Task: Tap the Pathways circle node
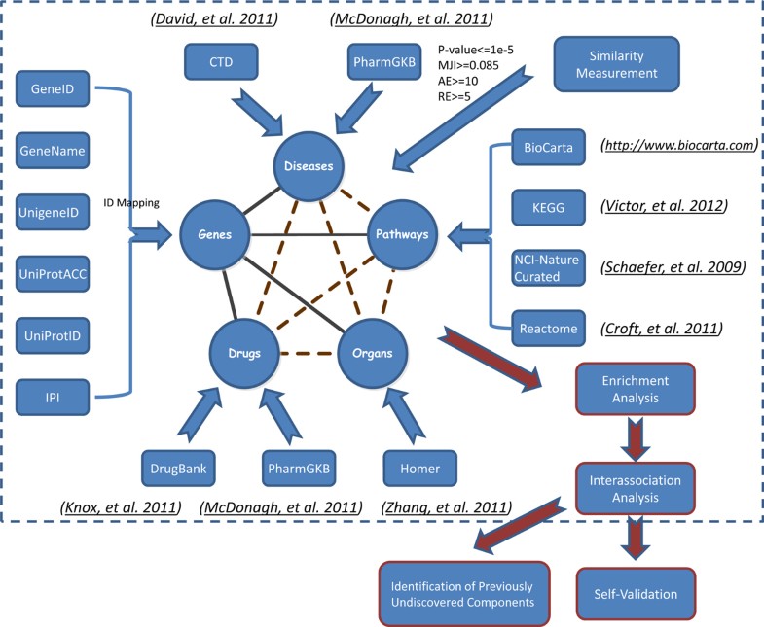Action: point(401,234)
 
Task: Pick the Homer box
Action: point(419,468)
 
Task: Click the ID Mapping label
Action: point(132,203)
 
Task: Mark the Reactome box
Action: point(549,330)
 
